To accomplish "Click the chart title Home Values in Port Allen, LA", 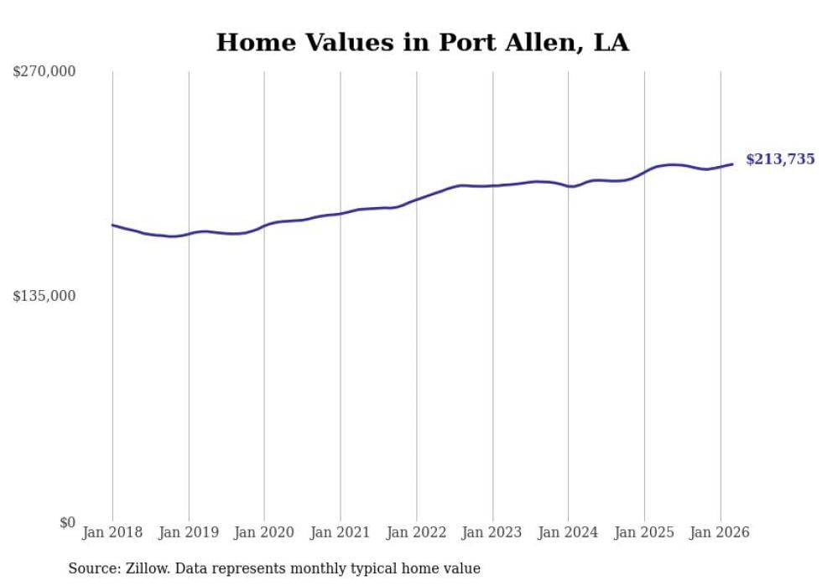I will pos(422,43).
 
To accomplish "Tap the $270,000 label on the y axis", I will pos(44,72).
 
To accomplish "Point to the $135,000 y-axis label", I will pos(44,296).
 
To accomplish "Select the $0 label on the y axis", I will pos(67,522).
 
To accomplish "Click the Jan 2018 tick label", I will pos(112,532).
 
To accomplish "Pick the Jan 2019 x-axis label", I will pos(189,532).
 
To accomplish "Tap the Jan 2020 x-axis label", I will pos(264,532).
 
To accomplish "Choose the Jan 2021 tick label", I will pos(341,532).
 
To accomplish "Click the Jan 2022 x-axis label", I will pos(417,532).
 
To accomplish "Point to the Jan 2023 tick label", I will pos(492,532).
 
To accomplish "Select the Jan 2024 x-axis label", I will pos(569,532).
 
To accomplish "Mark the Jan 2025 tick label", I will pos(644,532).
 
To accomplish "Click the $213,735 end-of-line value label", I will pos(780,159).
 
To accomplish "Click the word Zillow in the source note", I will pos(147,569).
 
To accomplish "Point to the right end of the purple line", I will pos(732,164).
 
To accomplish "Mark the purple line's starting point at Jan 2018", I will pos(112,225).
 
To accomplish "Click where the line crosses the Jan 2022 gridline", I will pos(417,200).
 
